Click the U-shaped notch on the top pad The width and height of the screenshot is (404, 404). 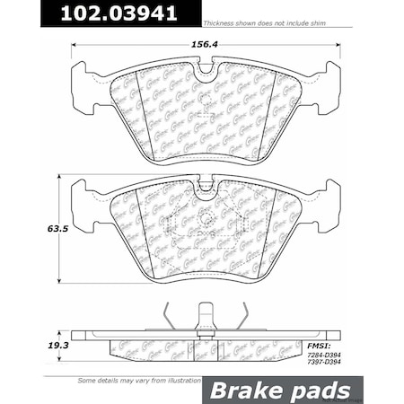(206, 70)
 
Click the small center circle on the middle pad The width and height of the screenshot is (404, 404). (206, 218)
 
